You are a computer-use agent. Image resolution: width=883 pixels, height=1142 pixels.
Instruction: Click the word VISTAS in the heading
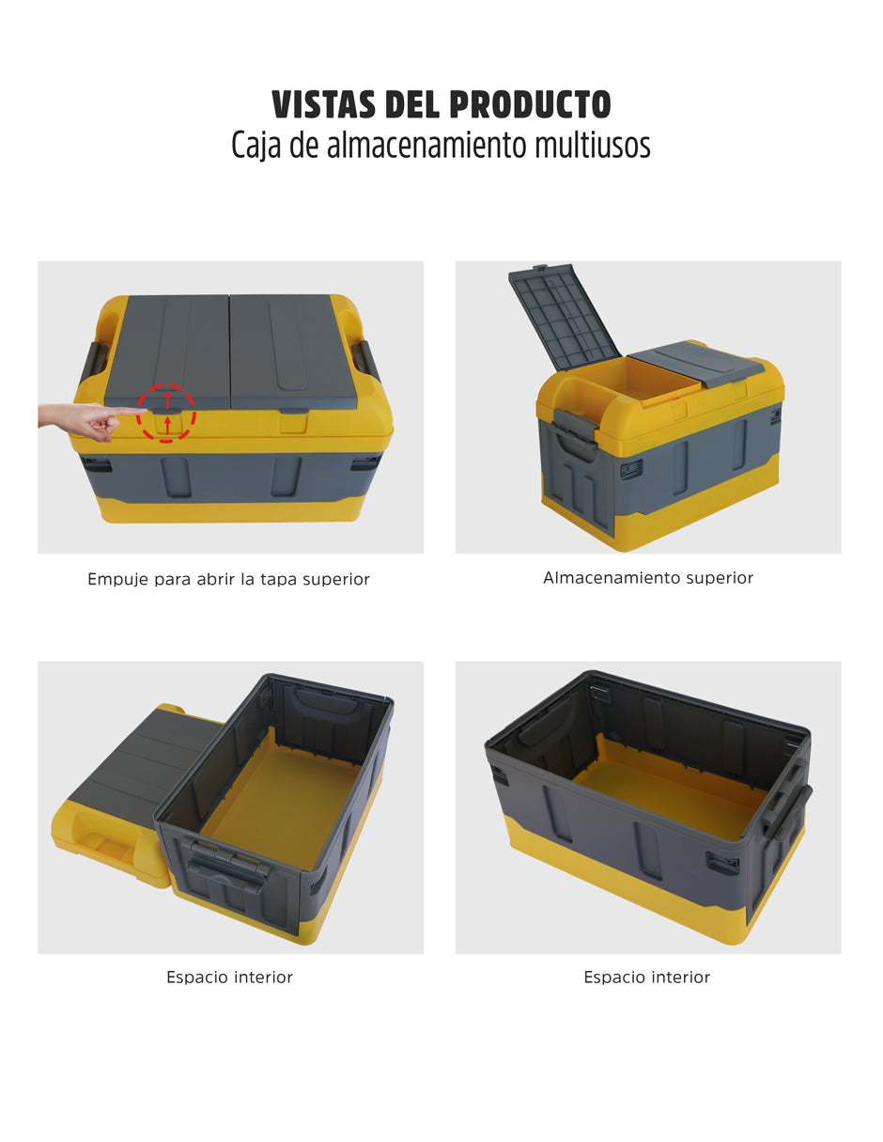point(324,104)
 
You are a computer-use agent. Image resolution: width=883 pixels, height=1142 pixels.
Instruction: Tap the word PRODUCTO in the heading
point(530,104)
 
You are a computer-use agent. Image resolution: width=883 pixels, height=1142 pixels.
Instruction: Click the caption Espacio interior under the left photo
point(229,977)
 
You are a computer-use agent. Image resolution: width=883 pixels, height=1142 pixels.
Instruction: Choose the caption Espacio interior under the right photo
point(647,977)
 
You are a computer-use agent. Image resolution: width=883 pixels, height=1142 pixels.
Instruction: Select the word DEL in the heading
point(412,104)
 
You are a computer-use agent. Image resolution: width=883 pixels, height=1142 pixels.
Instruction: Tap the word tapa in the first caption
point(278,580)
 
